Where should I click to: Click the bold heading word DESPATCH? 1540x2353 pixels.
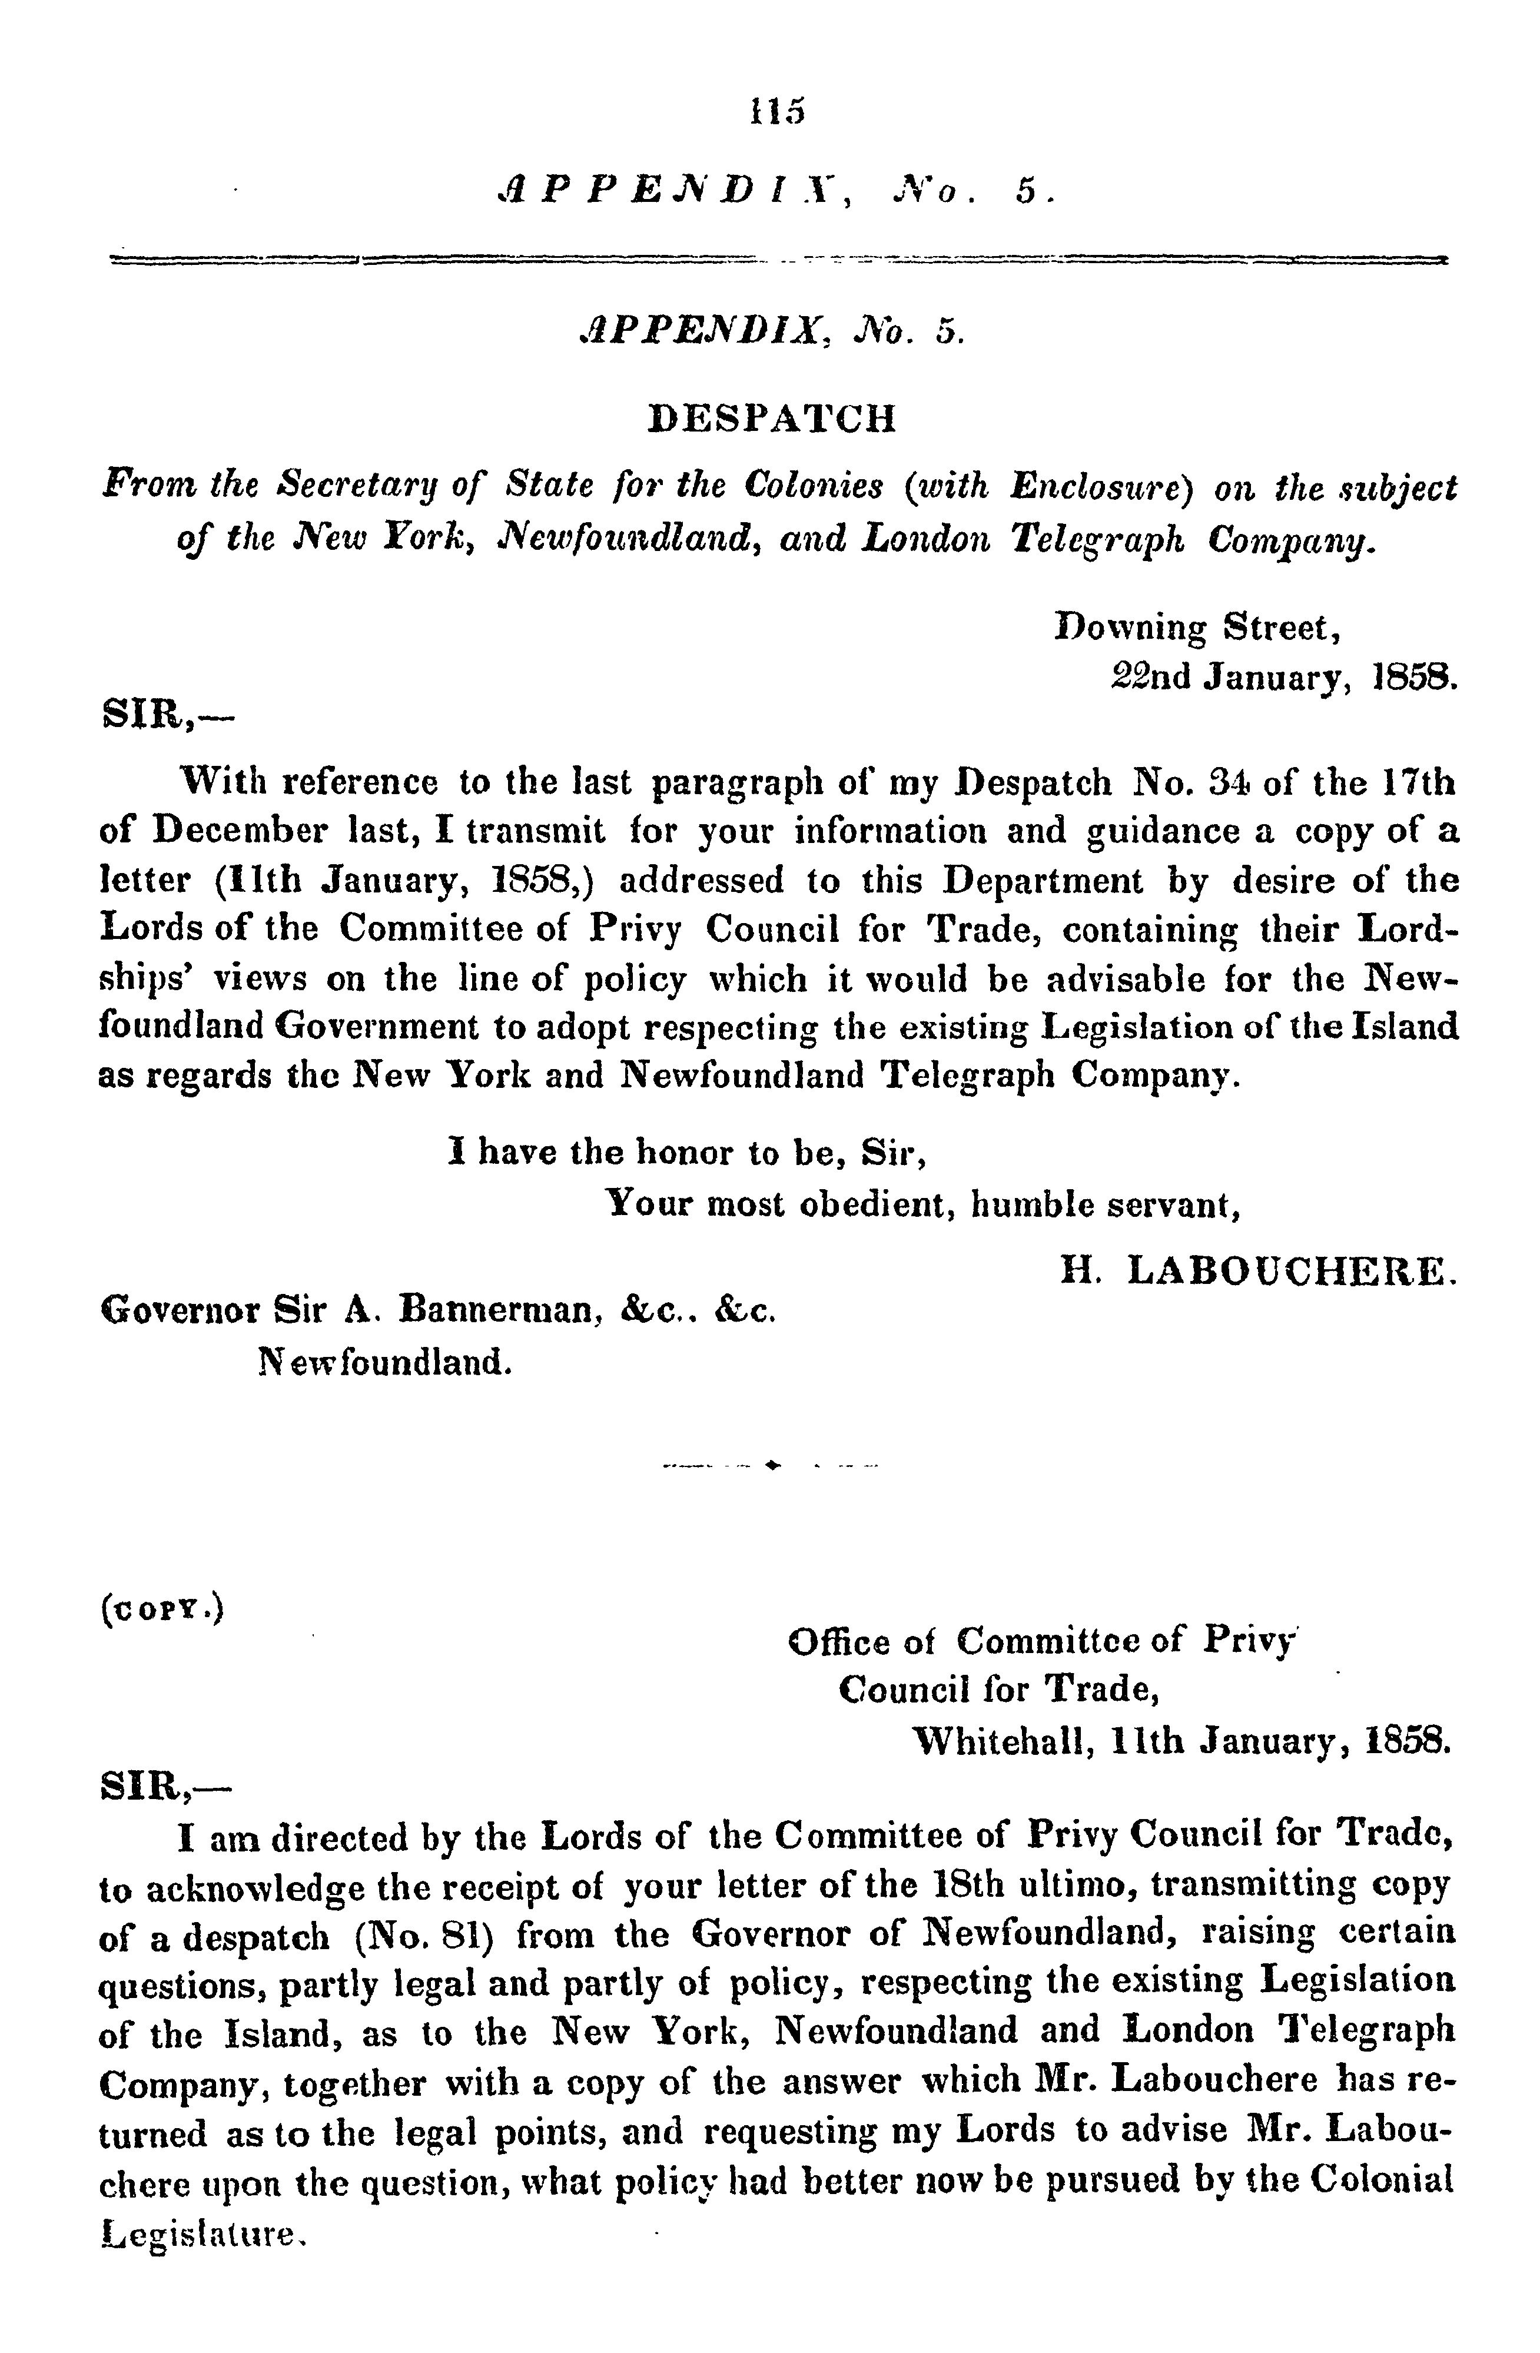(772, 418)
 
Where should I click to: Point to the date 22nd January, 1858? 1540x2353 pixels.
(1282, 677)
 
